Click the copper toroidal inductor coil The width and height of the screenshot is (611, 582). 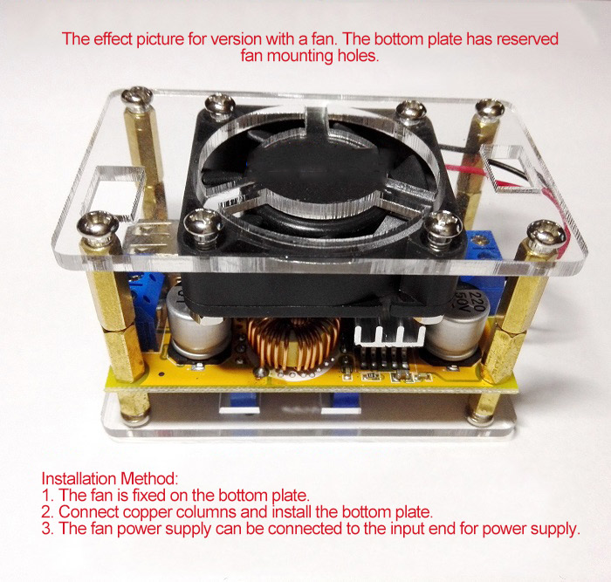tap(293, 344)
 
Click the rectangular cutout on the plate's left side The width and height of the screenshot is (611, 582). tap(116, 192)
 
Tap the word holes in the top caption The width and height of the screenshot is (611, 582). tap(358, 56)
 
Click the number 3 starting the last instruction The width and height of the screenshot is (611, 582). tap(46, 529)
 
